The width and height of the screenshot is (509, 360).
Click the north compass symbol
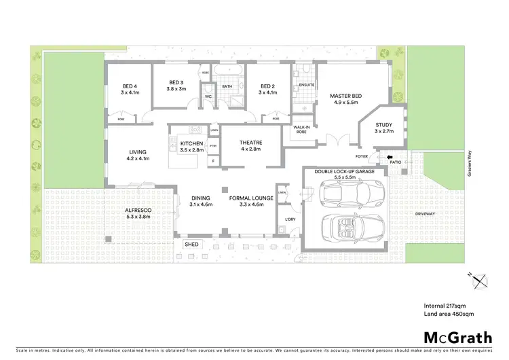pos(479,280)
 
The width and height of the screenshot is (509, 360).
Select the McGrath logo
pos(458,338)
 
